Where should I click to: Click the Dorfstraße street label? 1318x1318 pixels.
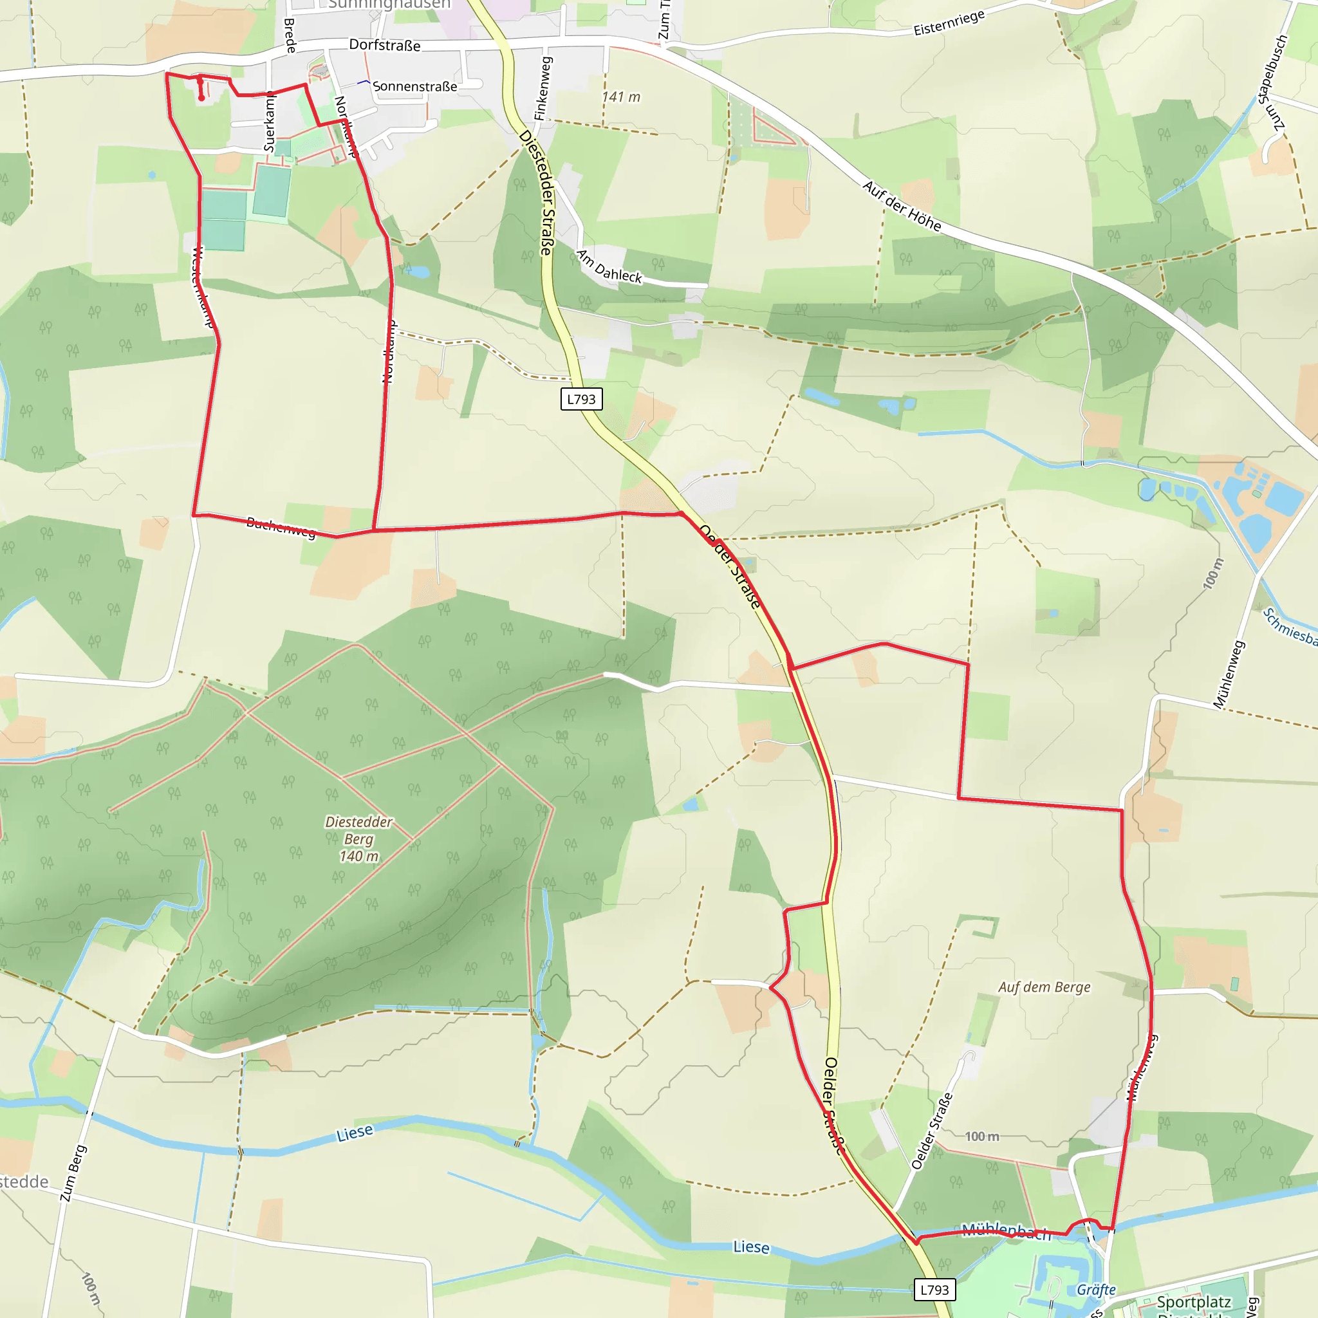[385, 45]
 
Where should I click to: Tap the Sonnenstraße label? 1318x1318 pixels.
[415, 87]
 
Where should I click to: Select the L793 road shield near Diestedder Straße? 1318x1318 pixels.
[581, 399]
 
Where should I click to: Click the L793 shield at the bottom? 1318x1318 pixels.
[934, 1289]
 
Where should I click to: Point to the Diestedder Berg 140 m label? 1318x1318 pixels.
[359, 839]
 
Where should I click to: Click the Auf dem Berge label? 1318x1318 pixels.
[1044, 987]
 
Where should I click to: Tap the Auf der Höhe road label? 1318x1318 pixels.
[902, 206]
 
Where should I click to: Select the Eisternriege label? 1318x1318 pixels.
[949, 23]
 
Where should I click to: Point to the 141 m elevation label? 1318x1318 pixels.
[621, 97]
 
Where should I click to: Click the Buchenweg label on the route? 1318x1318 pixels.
[281, 526]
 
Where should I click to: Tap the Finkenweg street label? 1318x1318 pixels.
[543, 89]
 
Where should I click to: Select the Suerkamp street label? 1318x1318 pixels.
[270, 122]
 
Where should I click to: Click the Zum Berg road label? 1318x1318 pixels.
[73, 1173]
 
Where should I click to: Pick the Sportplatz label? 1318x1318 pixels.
[1194, 1302]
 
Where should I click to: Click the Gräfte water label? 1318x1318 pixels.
[1095, 1289]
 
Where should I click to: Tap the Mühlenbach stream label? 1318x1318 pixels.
[1007, 1231]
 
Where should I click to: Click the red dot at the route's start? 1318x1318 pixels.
[201, 98]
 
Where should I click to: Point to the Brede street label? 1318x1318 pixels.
[290, 35]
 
